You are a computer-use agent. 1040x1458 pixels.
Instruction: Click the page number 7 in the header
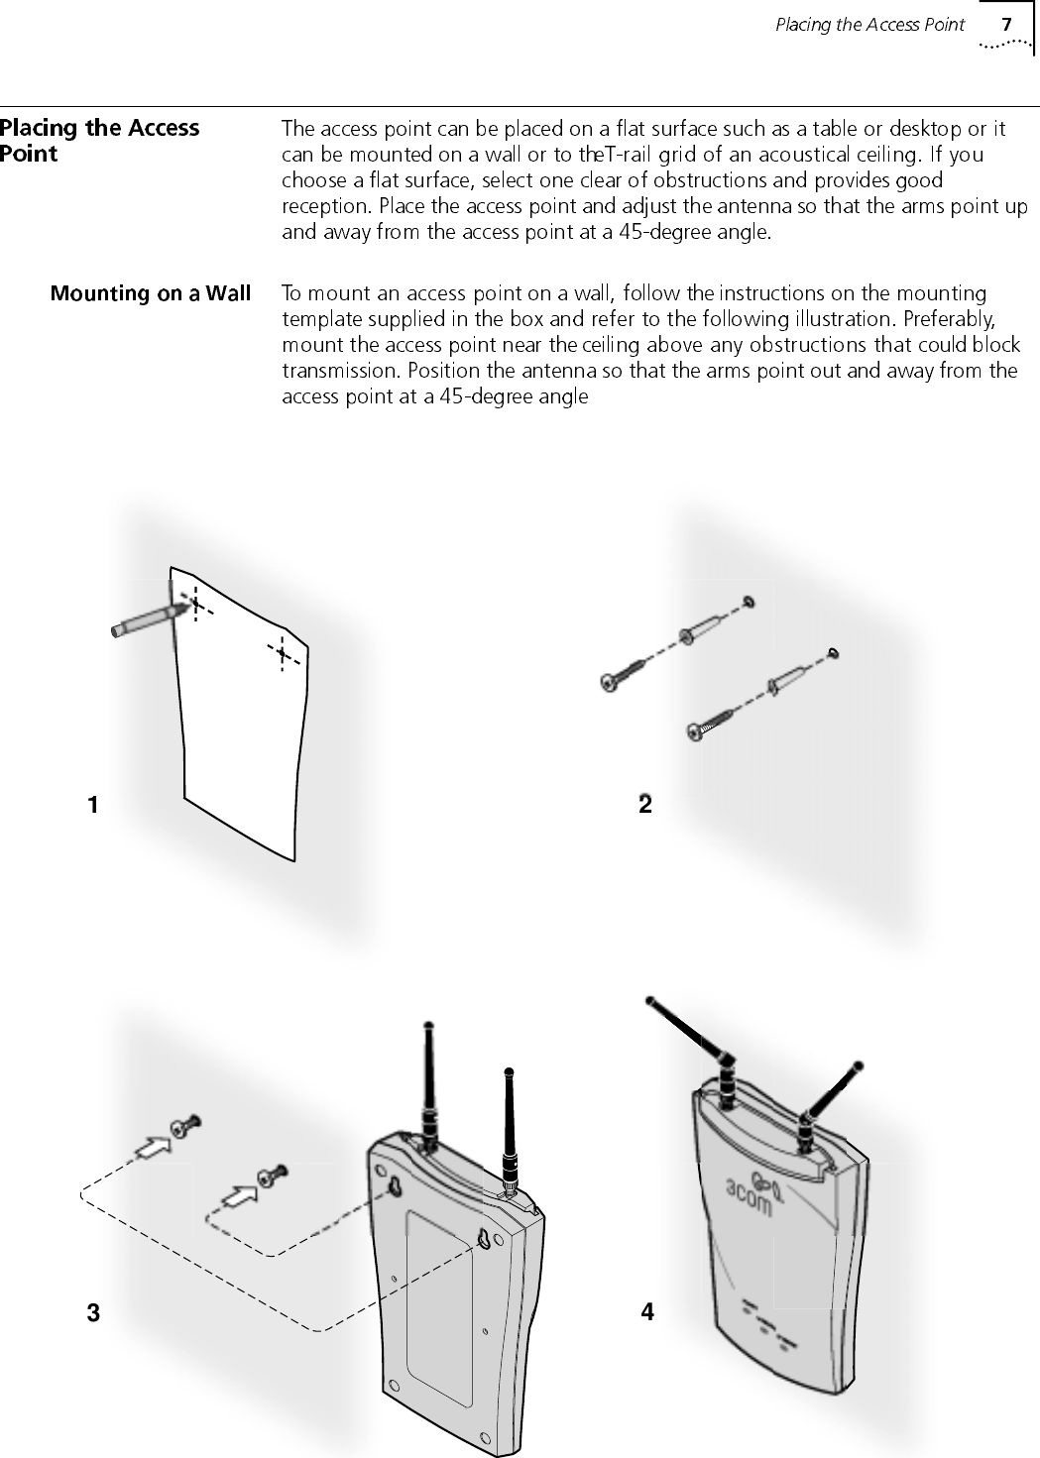click(x=1006, y=24)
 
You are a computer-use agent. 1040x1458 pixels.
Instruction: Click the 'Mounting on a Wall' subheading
click(x=151, y=293)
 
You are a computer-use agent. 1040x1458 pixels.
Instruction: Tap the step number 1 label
click(x=92, y=805)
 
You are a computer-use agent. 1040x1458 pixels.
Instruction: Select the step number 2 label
click(x=645, y=805)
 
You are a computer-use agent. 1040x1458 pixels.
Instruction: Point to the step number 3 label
click(x=92, y=1314)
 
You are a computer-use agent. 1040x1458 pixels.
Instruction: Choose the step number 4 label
click(x=647, y=1312)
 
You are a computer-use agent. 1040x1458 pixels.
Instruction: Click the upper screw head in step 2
click(x=610, y=681)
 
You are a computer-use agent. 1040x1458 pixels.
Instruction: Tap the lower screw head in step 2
click(x=696, y=732)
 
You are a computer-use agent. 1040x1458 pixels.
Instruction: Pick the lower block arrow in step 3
click(x=237, y=1195)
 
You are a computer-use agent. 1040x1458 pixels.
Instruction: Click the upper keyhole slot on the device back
click(x=395, y=1186)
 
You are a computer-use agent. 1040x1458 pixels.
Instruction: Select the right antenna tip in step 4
click(x=859, y=1065)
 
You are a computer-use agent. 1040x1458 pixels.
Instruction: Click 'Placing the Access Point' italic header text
click(x=869, y=25)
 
